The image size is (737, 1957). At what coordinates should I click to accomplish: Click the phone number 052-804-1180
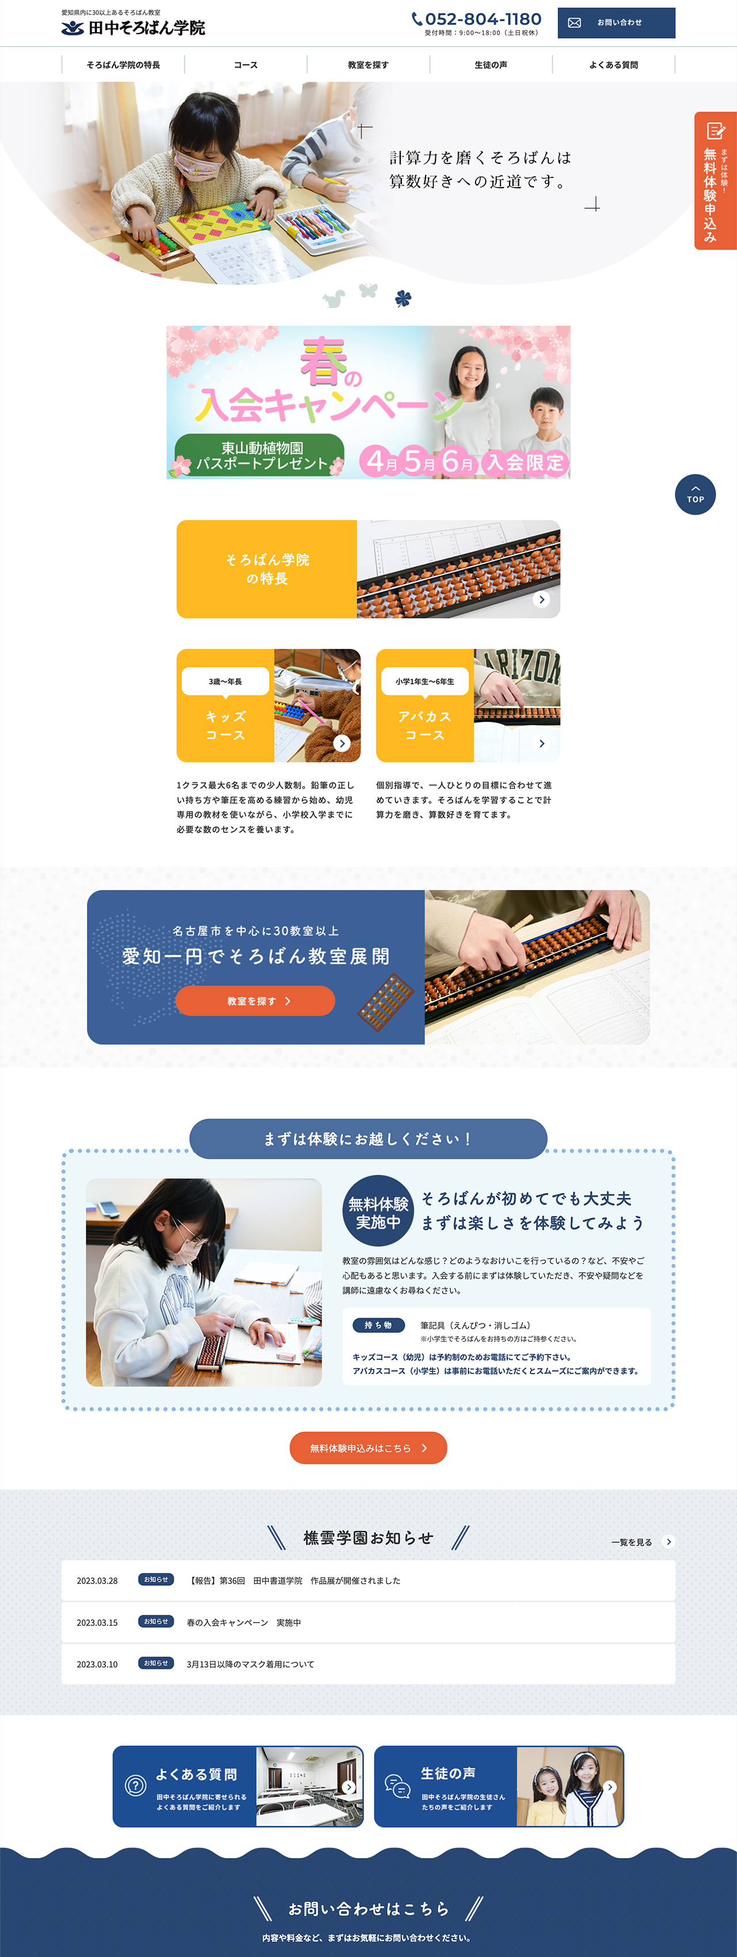pos(483,19)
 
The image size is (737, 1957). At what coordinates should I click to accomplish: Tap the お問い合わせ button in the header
pos(616,23)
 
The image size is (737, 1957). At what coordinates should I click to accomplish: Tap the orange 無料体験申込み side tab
pos(715,181)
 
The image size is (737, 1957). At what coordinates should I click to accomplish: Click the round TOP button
pos(695,494)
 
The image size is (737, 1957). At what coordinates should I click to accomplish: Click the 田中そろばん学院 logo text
pos(147,28)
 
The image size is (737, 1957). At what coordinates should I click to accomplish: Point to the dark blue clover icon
pos(402,299)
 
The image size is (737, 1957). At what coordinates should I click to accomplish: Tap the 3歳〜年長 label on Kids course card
pos(226,681)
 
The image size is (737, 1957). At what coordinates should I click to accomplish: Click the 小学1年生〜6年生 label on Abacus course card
pos(425,681)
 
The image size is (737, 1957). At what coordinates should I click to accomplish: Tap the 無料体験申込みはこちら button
pos(368,1448)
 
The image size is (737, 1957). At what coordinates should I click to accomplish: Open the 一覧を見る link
pos(642,1542)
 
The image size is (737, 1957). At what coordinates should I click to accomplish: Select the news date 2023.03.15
pos(97,1622)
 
